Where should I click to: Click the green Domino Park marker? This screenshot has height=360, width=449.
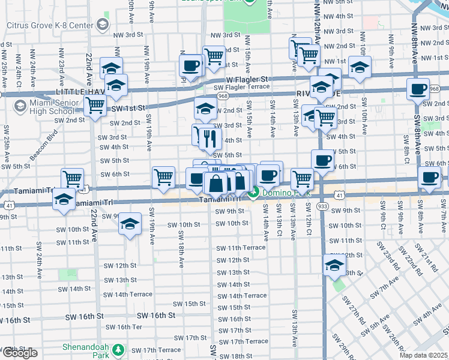coord(255,192)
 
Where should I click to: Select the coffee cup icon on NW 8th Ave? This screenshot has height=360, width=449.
coord(418,89)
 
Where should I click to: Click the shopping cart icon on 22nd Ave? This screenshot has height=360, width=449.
coord(95,106)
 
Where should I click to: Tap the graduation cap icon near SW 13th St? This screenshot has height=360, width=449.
coord(334,266)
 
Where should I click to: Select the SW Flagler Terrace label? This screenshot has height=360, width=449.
coord(242,87)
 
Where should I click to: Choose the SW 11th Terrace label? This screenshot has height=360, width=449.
coord(241,248)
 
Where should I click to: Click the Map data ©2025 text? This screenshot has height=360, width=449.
coord(424,355)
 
